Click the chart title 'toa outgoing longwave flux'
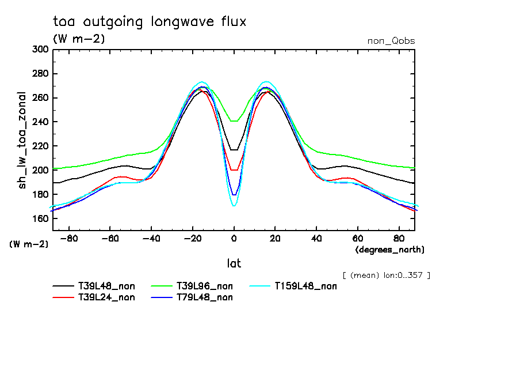click(x=149, y=22)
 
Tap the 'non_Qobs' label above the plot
click(x=391, y=41)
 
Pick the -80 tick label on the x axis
click(x=69, y=238)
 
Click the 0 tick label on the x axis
click(x=234, y=238)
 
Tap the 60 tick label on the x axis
click(x=358, y=238)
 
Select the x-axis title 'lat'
click(x=234, y=263)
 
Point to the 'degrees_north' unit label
click(x=390, y=250)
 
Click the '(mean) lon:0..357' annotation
click(x=386, y=275)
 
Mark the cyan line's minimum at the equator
click(x=234, y=206)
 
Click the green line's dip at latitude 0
click(x=234, y=121)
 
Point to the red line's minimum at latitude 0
click(x=234, y=170)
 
